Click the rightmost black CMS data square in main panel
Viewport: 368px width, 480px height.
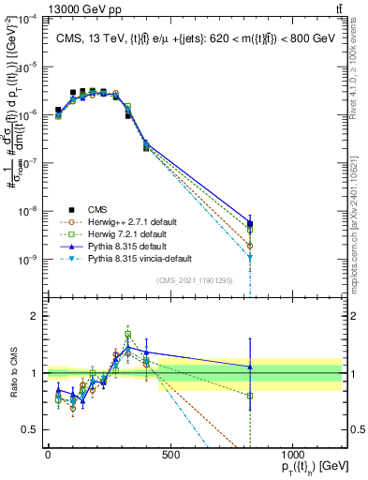[x=250, y=223]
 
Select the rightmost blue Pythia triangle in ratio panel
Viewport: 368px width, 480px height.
[x=250, y=367]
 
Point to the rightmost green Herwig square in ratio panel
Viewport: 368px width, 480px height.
[x=250, y=396]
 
